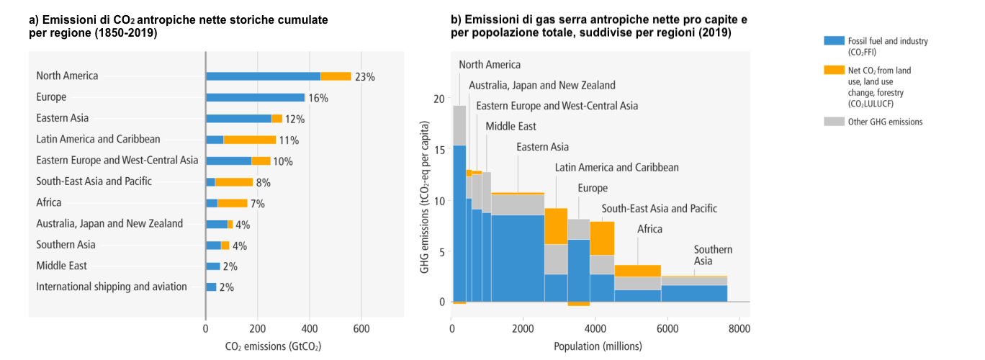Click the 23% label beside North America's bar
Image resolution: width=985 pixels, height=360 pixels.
365,76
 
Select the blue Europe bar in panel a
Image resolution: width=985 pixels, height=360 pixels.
255,97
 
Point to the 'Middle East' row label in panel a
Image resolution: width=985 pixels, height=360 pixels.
62,266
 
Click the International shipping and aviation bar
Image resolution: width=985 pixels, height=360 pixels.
211,287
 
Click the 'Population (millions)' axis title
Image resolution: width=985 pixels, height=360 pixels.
598,346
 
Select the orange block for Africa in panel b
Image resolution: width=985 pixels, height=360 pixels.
637,271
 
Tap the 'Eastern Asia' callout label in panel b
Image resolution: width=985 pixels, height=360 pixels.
542,147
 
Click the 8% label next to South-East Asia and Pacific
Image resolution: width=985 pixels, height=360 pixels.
264,182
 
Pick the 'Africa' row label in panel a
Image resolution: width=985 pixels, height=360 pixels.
49,202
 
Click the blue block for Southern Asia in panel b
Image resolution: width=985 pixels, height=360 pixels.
693,293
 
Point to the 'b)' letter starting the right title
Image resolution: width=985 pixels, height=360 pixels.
456,20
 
